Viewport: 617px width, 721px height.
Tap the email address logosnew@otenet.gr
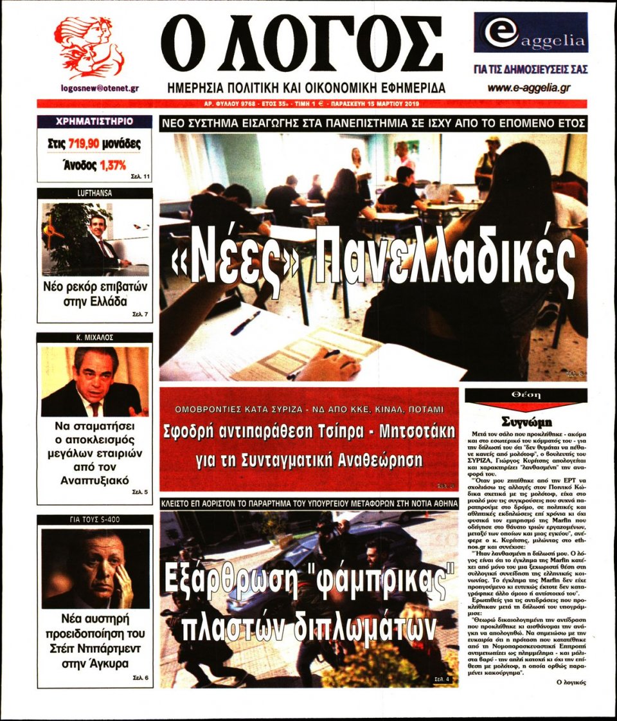point(100,89)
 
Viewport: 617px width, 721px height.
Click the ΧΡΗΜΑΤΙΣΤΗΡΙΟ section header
point(94,121)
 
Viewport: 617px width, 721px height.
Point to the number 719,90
point(88,144)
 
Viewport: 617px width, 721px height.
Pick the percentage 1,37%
point(112,165)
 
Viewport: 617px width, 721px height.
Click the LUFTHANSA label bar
point(94,193)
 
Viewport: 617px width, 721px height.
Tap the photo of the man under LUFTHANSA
point(94,237)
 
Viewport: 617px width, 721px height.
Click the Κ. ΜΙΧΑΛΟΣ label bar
point(94,338)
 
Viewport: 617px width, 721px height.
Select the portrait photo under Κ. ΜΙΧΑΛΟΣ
point(94,381)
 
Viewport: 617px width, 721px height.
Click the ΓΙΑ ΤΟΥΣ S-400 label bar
point(94,520)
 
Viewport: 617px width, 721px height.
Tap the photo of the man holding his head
point(95,569)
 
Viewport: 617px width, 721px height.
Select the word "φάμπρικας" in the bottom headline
point(372,580)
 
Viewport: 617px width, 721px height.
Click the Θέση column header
point(526,395)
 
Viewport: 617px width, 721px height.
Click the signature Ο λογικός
point(569,682)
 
